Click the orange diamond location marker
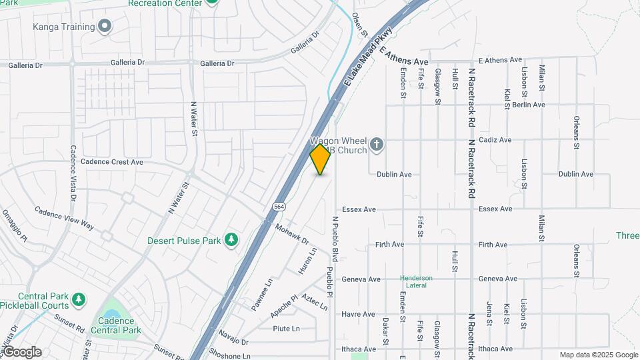tap(321, 159)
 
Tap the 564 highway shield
tap(280, 207)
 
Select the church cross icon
tap(377, 144)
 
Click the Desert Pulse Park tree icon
tap(231, 240)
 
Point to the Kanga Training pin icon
tap(104, 26)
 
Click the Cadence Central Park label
tap(121, 325)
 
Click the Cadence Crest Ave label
tap(111, 162)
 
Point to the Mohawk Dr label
tap(292, 235)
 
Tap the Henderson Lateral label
tap(416, 281)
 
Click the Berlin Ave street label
tap(529, 105)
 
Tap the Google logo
tap(22, 352)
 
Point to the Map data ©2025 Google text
tap(598, 355)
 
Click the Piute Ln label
tap(286, 329)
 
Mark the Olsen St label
tap(360, 25)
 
